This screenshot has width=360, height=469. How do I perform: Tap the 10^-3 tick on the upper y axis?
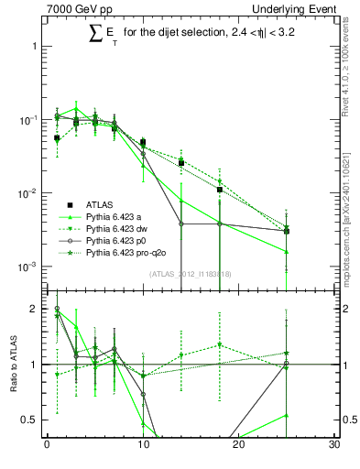click(27, 267)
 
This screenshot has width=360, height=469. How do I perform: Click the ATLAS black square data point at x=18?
click(220, 190)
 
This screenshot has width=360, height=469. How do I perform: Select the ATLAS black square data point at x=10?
click(143, 142)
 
